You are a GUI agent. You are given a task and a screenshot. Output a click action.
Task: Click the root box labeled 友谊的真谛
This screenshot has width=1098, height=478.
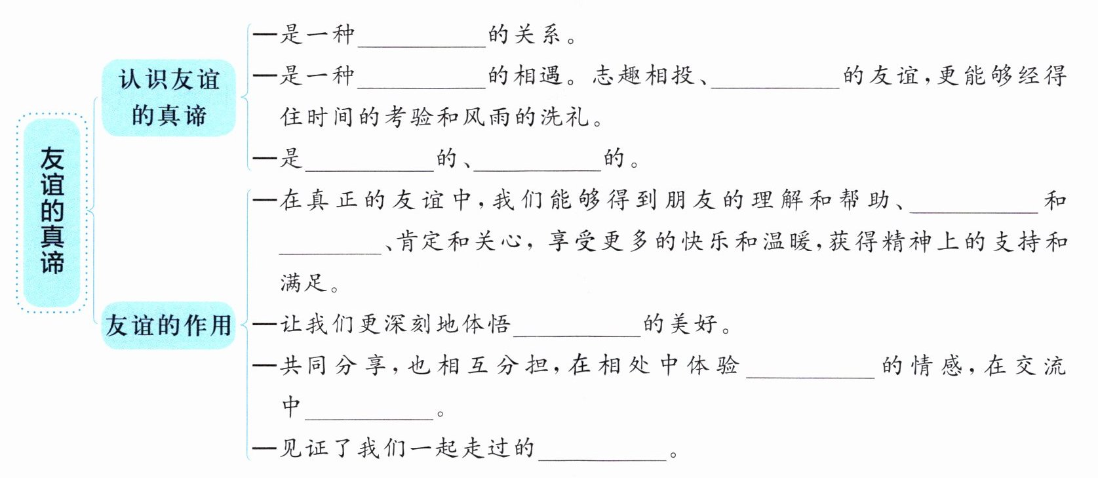[52, 210]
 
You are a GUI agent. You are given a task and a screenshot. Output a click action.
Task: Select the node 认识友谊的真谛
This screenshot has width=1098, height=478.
[168, 98]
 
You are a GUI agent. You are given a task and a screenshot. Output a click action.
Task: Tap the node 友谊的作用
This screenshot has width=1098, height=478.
[168, 325]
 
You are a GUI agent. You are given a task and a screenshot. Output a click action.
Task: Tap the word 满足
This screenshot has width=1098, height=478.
[304, 283]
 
